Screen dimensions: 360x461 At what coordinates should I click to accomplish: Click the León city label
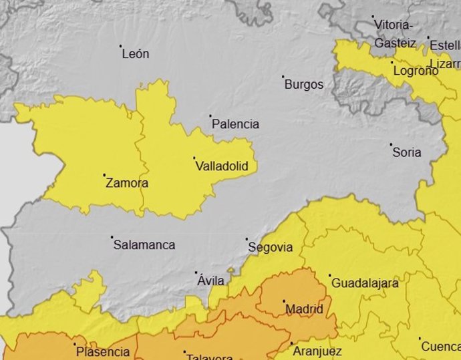pos(136,54)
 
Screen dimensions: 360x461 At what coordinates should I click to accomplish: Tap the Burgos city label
pos(304,85)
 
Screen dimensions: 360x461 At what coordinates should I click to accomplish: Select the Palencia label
pos(235,124)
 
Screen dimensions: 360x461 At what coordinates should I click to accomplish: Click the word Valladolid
pos(226,166)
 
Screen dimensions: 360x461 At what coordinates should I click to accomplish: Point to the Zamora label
pos(127,183)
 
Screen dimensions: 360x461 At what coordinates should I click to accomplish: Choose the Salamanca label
pos(144,245)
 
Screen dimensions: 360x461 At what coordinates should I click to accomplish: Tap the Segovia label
pos(271,247)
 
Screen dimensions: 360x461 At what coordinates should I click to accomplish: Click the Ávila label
pos(211,281)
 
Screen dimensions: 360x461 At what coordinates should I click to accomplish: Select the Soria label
pos(407,152)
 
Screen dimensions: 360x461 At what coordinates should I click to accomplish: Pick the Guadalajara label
pos(365,283)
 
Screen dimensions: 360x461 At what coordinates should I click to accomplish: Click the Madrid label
pos(304,310)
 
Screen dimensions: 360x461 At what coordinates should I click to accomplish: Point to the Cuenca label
pos(441,347)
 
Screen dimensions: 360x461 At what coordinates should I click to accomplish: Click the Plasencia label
pos(103,352)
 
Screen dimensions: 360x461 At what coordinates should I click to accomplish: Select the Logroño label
pos(416,71)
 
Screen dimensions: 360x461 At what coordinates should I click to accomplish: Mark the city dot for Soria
pos(391,144)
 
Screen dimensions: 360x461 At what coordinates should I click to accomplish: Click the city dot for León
pos(121,46)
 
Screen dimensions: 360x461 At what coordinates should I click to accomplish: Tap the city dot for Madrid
pos(284,301)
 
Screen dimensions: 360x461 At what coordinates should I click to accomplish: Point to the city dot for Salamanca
pos(112,236)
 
